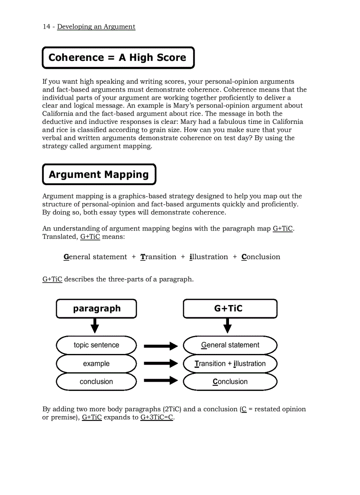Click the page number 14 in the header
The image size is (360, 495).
pos(46,27)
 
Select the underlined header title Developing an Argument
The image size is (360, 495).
pos(96,27)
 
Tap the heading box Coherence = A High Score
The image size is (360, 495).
pos(118,58)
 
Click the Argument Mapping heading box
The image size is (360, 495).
pos(99,175)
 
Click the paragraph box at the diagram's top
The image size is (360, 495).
pos(96,309)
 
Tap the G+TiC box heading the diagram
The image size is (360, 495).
pos(230,309)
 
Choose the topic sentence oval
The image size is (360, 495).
pos(96,345)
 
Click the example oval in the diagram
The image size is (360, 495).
pos(96,364)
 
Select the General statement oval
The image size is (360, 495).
pos(230,345)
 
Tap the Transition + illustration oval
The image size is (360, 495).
pos(230,364)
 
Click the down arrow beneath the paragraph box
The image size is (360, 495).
pos(94,326)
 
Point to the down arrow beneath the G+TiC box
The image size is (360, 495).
pos(228,326)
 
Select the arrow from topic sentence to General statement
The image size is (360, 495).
pos(160,346)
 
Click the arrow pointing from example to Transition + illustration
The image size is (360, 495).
pos(160,364)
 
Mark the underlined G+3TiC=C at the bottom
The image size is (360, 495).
pos(157,417)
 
